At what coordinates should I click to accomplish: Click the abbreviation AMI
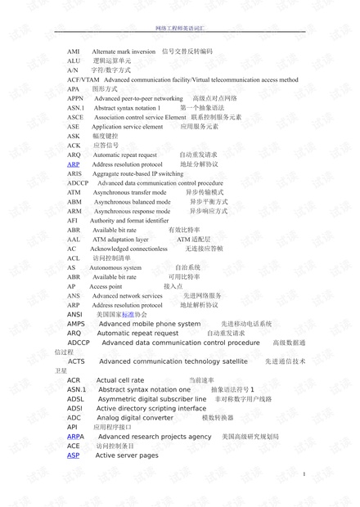74,51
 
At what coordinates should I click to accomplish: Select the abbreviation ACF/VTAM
82,80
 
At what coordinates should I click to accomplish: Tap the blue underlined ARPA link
75,437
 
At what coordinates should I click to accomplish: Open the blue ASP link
74,455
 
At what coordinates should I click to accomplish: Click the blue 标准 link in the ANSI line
128,314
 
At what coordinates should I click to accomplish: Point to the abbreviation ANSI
74,314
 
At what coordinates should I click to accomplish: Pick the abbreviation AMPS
76,324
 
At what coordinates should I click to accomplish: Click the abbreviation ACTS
76,361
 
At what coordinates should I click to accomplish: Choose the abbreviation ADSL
75,399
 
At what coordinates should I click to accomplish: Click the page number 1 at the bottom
304,475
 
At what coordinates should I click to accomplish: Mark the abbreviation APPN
75,98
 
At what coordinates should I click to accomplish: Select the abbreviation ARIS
74,174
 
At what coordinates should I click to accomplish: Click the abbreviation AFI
73,221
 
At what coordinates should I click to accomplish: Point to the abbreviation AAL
74,240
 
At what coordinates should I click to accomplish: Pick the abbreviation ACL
74,258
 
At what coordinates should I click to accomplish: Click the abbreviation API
73,427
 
